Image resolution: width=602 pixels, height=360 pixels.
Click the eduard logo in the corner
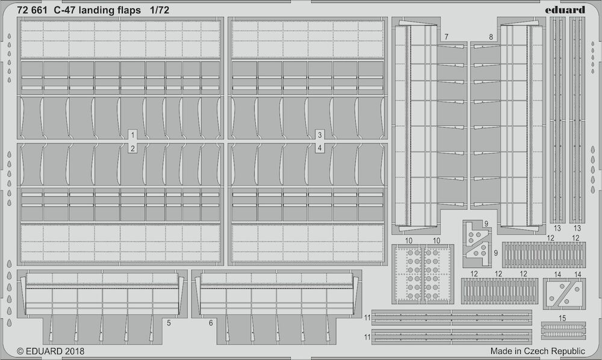565,10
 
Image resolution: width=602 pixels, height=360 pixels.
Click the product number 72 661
33,10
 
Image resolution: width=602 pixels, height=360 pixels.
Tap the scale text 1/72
160,10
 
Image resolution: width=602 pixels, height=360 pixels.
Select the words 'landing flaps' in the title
110,11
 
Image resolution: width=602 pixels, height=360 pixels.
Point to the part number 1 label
132,135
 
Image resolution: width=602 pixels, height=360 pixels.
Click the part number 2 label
132,149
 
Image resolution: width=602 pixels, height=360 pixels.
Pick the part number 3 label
320,135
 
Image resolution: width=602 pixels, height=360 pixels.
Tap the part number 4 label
320,147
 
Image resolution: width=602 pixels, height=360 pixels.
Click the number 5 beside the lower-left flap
169,323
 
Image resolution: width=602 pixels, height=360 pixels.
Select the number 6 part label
211,323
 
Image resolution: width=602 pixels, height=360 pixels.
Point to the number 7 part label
446,37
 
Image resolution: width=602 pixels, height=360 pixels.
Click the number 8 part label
491,37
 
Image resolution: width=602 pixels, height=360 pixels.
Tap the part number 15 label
562,318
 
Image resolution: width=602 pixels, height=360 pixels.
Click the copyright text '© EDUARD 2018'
51,351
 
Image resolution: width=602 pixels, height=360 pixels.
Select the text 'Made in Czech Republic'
538,351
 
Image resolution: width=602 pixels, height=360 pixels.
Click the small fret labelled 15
563,331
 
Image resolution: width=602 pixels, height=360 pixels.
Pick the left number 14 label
557,275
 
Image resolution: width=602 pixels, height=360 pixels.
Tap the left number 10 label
409,241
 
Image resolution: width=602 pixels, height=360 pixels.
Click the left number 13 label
557,228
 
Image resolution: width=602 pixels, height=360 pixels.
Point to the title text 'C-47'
64,10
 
